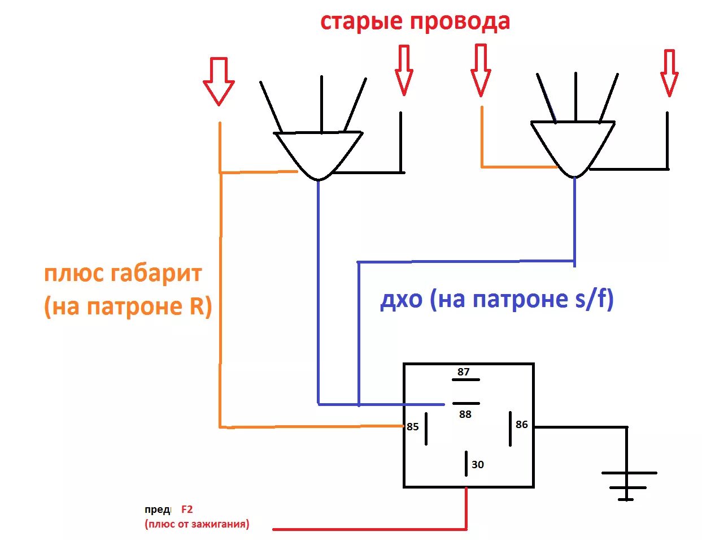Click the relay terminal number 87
click(464, 371)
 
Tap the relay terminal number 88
click(465, 414)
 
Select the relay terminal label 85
click(413, 426)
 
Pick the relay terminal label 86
click(522, 424)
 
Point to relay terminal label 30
click(478, 464)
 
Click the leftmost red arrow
click(219, 80)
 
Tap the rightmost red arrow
click(669, 72)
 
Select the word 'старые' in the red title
click(361, 22)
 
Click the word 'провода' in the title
click(460, 22)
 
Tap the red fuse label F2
click(187, 509)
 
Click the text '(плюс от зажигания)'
click(197, 524)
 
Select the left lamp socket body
click(319, 153)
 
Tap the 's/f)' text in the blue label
click(594, 299)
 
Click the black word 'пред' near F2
click(157, 509)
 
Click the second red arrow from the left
click(404, 70)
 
